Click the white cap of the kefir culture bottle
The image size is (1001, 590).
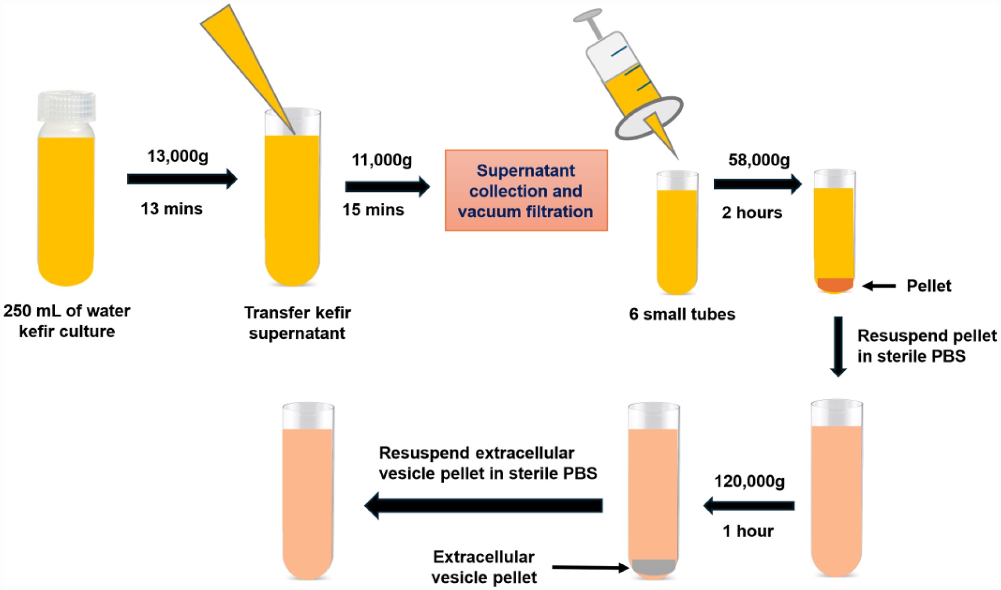click(x=67, y=106)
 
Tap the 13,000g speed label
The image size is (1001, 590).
click(x=178, y=156)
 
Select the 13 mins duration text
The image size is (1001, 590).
click(x=171, y=209)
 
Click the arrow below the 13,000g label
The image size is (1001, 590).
click(x=182, y=179)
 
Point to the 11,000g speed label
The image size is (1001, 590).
click(x=381, y=160)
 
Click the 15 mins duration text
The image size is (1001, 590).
click(x=373, y=210)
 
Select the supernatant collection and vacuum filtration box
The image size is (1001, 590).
click(x=526, y=191)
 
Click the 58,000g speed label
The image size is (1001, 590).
click(x=759, y=160)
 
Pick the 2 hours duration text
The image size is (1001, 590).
click(x=752, y=213)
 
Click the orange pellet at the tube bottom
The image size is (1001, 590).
click(x=835, y=284)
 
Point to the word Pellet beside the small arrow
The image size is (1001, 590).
click(x=929, y=286)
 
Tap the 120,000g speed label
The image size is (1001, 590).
click(x=749, y=481)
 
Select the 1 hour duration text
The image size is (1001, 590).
click(x=748, y=531)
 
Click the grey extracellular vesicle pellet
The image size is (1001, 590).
click(x=654, y=566)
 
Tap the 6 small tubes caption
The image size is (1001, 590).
click(x=682, y=314)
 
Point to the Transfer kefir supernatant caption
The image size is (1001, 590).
click(x=297, y=323)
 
